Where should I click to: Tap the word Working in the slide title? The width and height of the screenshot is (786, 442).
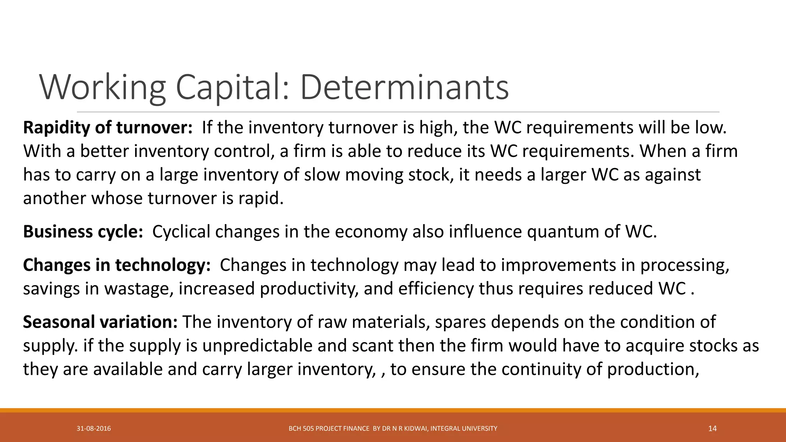tap(102, 87)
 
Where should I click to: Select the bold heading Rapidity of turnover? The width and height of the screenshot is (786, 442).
tap(107, 128)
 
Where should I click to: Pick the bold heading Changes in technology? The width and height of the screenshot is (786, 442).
tap(117, 265)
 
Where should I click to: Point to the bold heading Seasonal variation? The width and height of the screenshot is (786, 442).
tap(100, 322)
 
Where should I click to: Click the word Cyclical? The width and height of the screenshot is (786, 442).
tap(182, 232)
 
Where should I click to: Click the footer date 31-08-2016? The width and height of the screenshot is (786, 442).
tap(94, 429)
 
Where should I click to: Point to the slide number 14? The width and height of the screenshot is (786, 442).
tap(712, 429)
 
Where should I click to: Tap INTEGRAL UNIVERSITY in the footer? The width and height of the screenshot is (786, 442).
tap(464, 429)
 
